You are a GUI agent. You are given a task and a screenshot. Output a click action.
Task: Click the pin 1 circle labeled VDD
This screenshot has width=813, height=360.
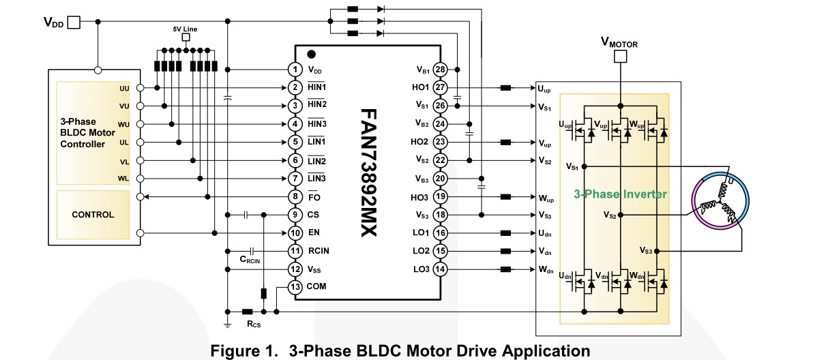[295, 70]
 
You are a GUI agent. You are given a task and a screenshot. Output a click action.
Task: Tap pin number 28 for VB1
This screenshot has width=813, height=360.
[440, 70]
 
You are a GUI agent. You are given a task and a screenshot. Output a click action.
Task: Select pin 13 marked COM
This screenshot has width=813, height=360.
[295, 287]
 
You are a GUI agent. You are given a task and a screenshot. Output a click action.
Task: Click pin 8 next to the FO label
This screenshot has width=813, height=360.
[295, 197]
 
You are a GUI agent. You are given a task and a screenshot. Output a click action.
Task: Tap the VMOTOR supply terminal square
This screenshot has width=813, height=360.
[620, 57]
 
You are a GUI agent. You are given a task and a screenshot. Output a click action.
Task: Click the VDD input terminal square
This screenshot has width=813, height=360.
[74, 22]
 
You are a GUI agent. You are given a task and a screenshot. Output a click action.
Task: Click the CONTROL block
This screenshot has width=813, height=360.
[93, 214]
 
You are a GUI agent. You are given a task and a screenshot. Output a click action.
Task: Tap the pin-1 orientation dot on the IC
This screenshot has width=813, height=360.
[312, 54]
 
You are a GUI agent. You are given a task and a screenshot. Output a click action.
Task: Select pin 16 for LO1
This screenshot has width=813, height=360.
[440, 232]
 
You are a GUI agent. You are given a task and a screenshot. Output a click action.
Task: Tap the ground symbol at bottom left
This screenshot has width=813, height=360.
[227, 323]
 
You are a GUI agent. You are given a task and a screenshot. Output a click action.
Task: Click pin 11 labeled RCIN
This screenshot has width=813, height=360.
[295, 251]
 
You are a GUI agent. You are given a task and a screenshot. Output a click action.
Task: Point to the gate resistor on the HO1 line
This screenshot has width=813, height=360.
[506, 88]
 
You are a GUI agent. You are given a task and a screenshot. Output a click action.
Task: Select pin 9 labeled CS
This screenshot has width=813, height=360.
[295, 215]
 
